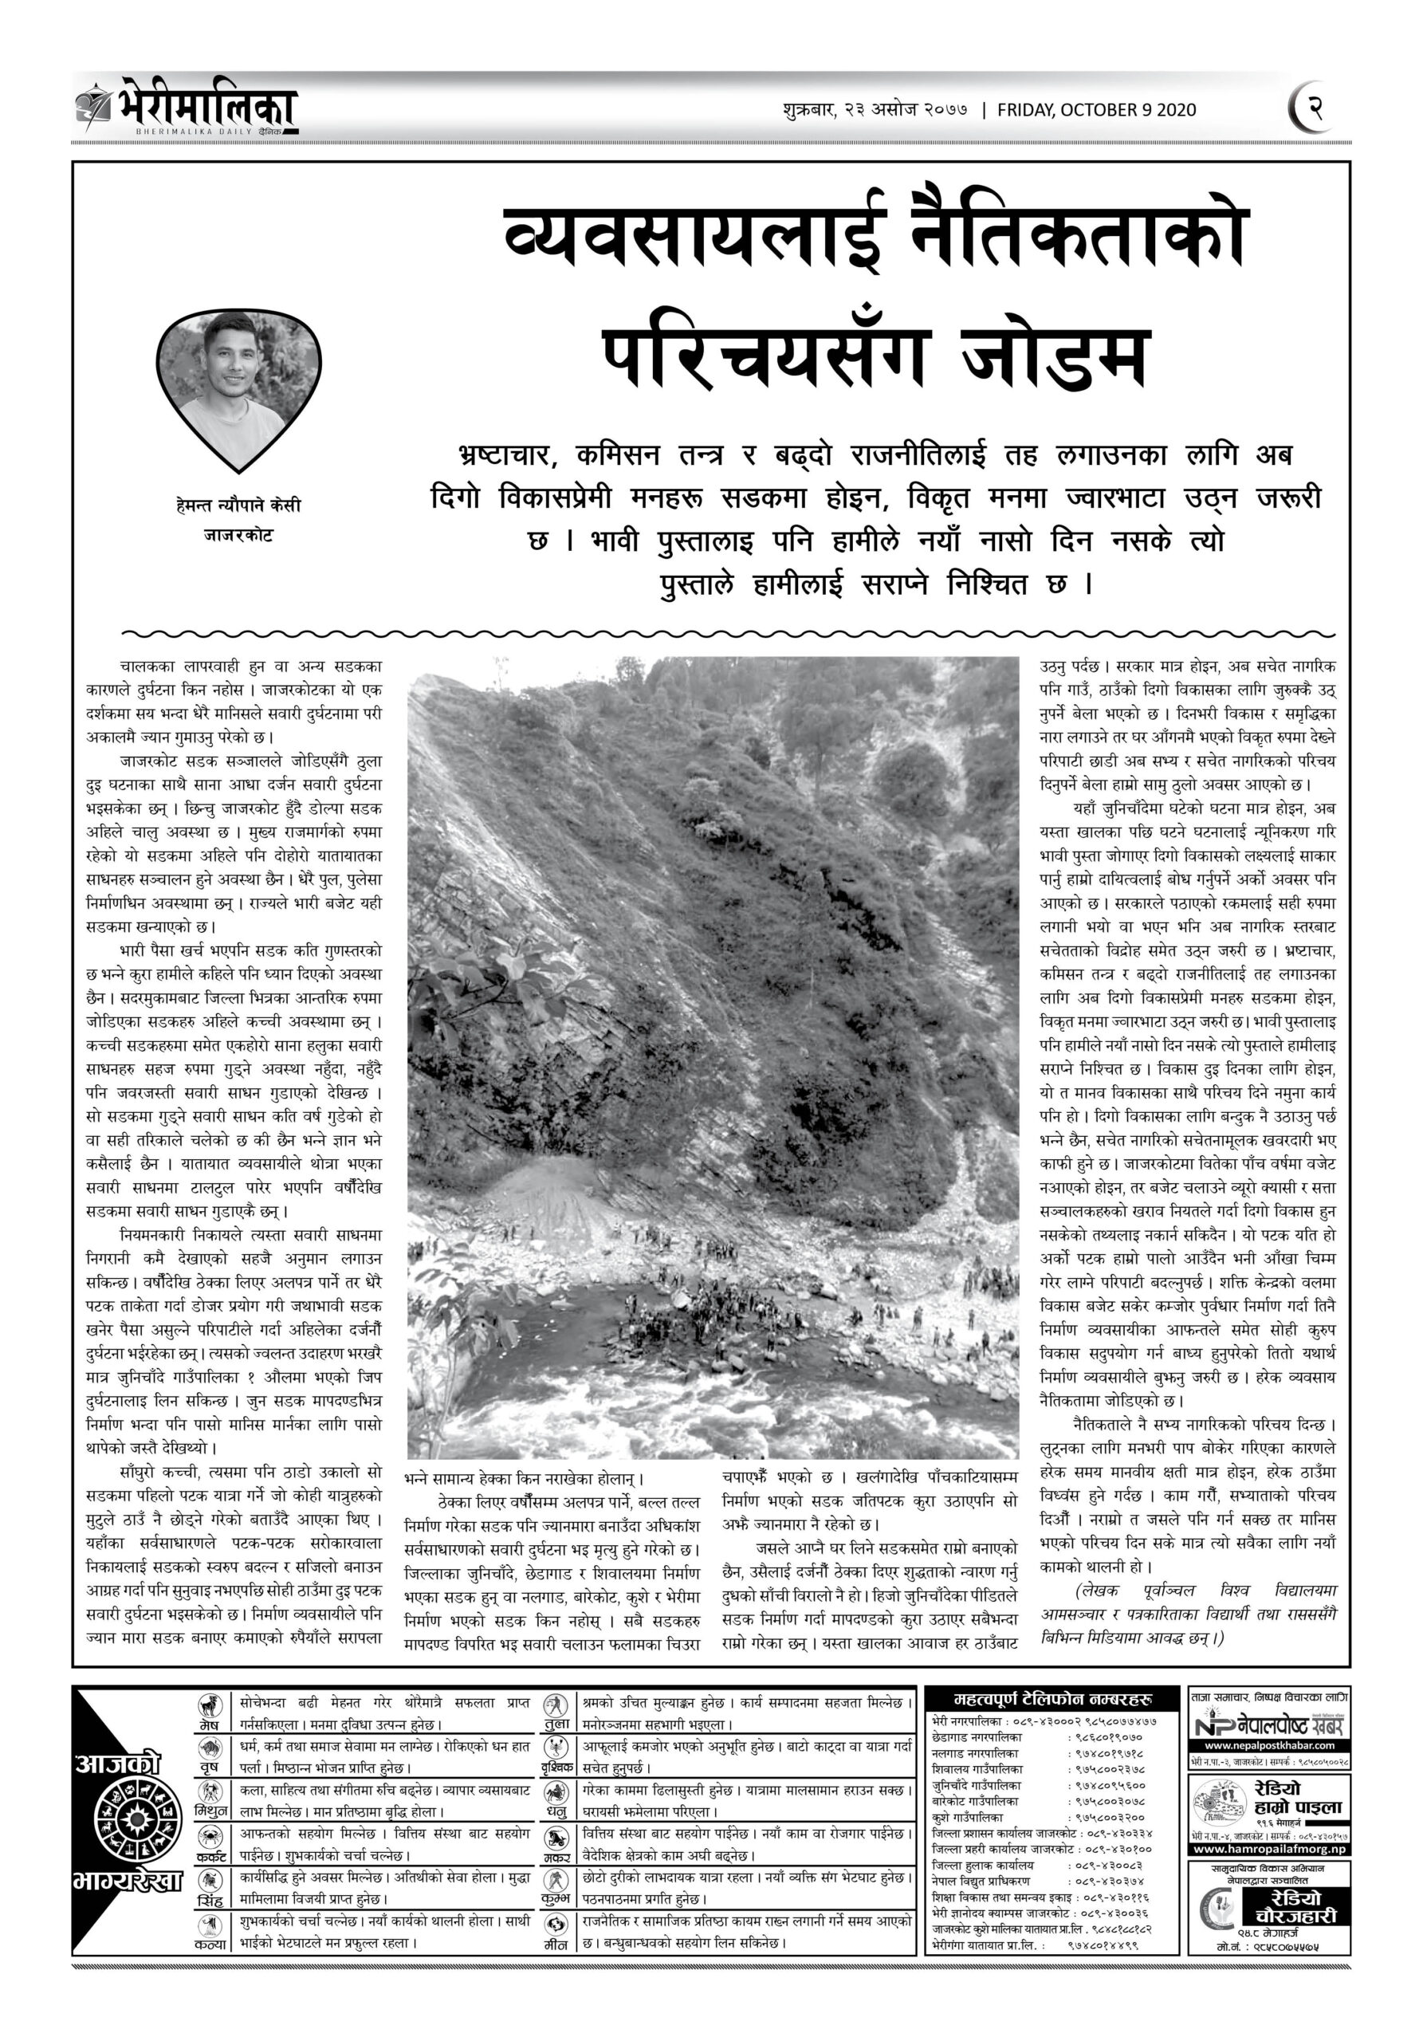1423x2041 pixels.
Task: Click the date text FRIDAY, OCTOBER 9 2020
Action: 1096,110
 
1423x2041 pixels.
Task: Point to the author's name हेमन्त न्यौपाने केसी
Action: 238,505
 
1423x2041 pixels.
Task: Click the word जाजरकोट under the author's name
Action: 238,535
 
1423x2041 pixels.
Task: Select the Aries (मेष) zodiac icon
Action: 210,1706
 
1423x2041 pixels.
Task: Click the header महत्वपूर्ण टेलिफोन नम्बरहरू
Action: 1052,1700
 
